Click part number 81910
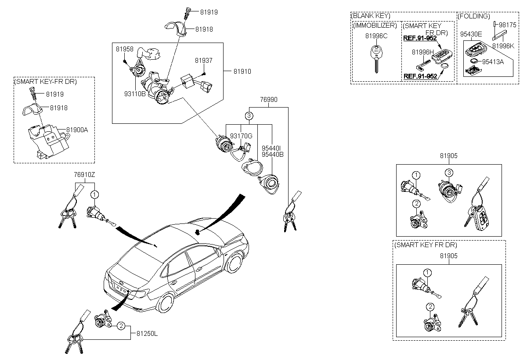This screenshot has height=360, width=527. tap(242, 72)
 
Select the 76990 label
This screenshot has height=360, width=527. tap(269, 100)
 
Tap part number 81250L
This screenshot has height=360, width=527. tap(147, 333)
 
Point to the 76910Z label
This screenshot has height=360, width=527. tap(84, 175)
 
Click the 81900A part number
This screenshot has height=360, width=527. tap(77, 130)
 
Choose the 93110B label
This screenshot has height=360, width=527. tap(135, 94)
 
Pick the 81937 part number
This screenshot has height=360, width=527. tap(203, 61)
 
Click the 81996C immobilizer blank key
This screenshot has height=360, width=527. tap(376, 59)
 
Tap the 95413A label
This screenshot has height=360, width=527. tap(493, 62)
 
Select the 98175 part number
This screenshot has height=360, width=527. tap(508, 25)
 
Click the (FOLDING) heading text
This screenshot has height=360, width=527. tap(474, 16)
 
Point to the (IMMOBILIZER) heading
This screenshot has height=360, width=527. tap(375, 25)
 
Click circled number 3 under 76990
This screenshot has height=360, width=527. tap(249, 116)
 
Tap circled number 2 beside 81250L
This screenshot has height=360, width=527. tap(121, 326)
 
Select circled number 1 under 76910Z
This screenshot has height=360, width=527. tap(94, 194)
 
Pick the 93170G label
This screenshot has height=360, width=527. tap(241, 136)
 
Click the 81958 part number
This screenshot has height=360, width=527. tap(124, 49)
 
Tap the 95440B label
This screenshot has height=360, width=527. tap(272, 155)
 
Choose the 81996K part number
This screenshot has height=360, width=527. tap(503, 46)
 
